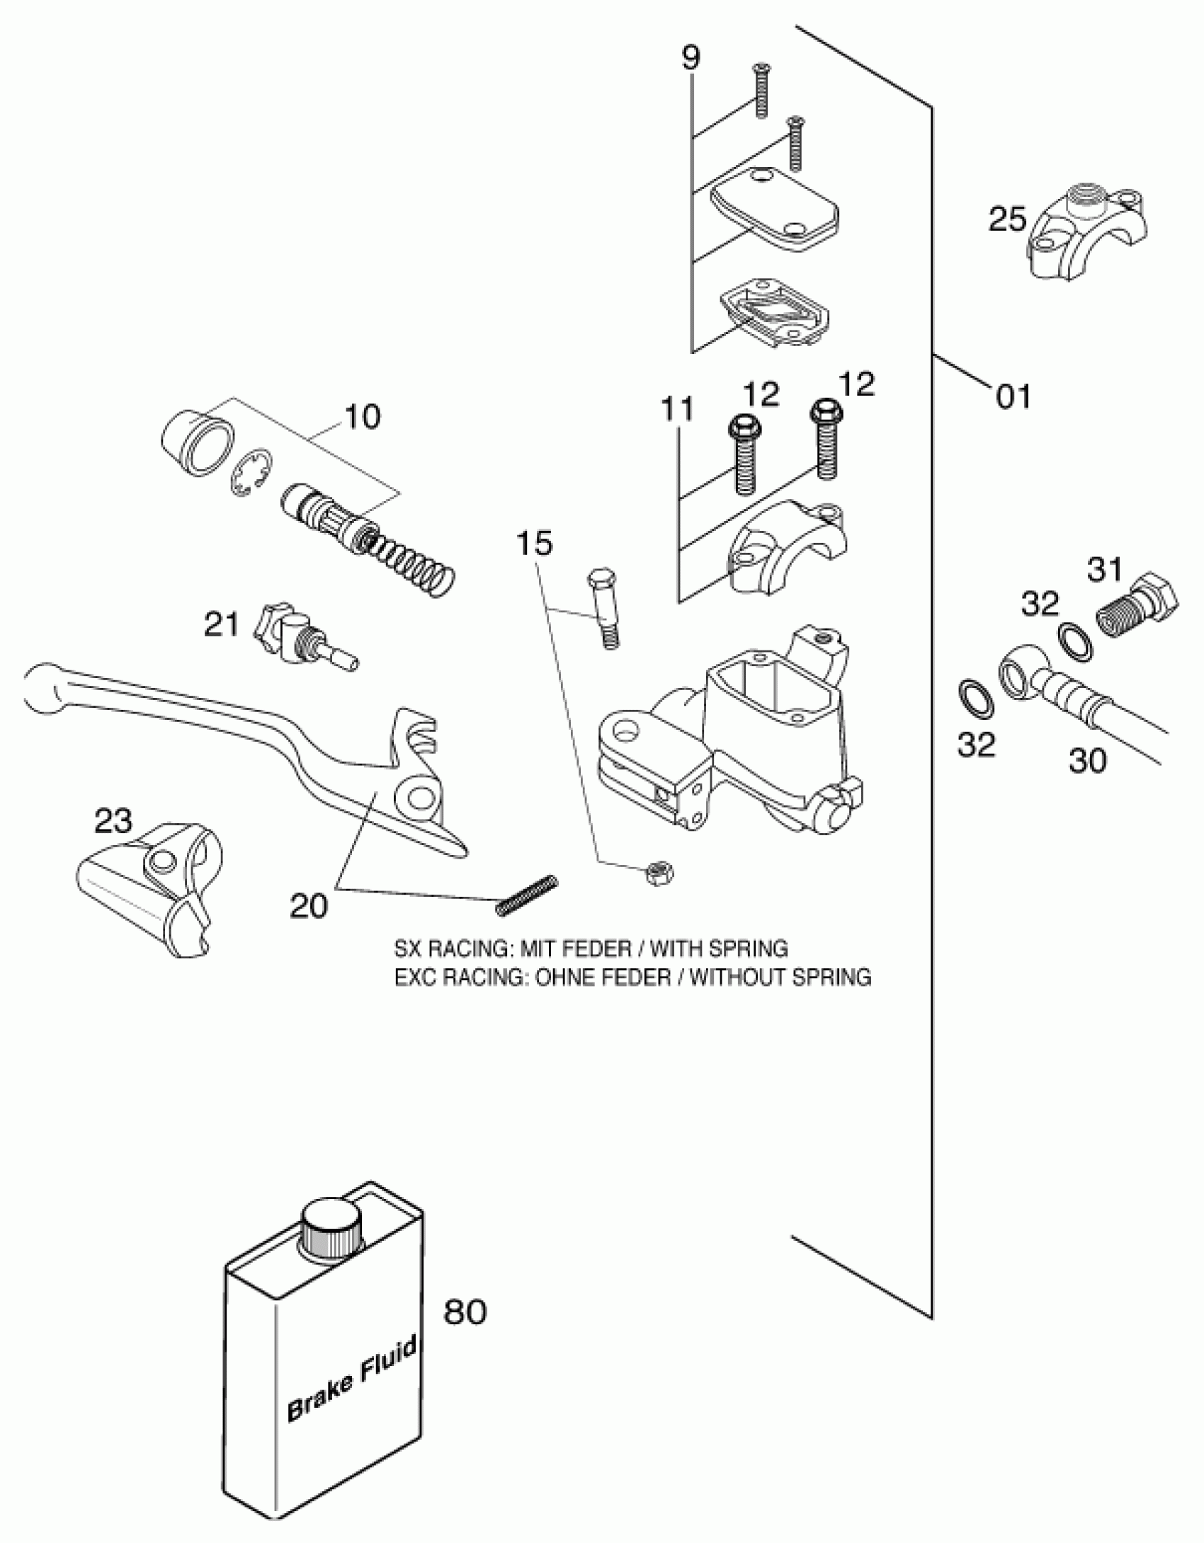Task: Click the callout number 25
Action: coord(1007,219)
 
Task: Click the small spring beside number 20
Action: coord(528,895)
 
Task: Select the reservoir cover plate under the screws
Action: coord(775,210)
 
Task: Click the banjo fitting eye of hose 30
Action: coord(1019,677)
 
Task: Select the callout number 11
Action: coord(678,410)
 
